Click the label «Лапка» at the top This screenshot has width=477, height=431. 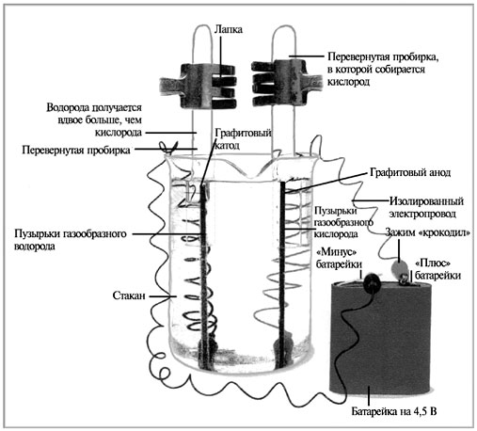[x=229, y=29]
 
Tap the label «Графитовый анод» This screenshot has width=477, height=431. [x=410, y=172]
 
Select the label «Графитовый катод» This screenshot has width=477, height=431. [x=243, y=139]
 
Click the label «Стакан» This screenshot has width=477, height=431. [x=129, y=295]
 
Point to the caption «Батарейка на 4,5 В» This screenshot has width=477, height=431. [x=394, y=411]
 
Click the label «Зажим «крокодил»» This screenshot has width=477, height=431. [x=428, y=232]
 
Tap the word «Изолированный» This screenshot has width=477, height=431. [x=426, y=201]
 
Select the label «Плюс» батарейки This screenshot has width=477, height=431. [x=437, y=269]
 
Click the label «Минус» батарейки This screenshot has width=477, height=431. [x=339, y=258]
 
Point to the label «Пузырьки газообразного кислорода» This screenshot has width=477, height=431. [x=343, y=222]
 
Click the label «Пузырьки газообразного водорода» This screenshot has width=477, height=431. [x=71, y=240]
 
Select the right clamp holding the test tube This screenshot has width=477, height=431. [x=287, y=83]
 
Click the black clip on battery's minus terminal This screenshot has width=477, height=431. [x=373, y=282]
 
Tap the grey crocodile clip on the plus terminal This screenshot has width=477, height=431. [x=400, y=269]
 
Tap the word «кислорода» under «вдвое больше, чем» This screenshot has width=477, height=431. [x=119, y=133]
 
